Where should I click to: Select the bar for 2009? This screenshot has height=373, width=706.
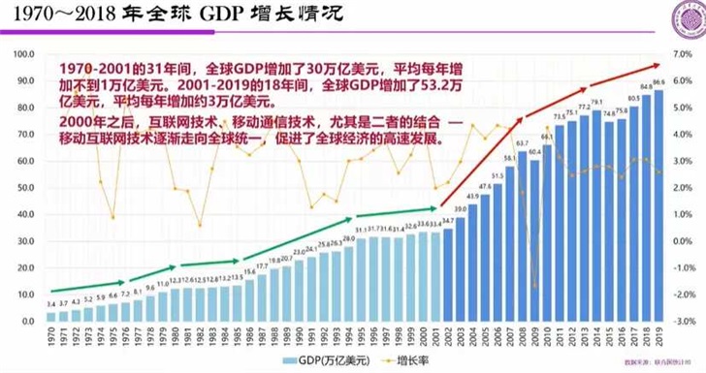pyautogui.click(x=535, y=242)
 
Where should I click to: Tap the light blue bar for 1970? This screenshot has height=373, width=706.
pyautogui.click(x=50, y=317)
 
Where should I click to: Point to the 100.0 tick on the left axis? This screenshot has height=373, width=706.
pyautogui.click(x=24, y=51)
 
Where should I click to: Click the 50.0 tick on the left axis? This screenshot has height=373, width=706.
pyautogui.click(x=24, y=186)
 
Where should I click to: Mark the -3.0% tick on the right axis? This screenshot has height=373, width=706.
pyautogui.click(x=684, y=321)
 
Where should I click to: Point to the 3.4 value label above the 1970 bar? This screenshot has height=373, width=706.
pyautogui.click(x=50, y=305)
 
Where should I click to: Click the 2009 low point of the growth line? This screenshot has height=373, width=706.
pyautogui.click(x=535, y=287)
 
